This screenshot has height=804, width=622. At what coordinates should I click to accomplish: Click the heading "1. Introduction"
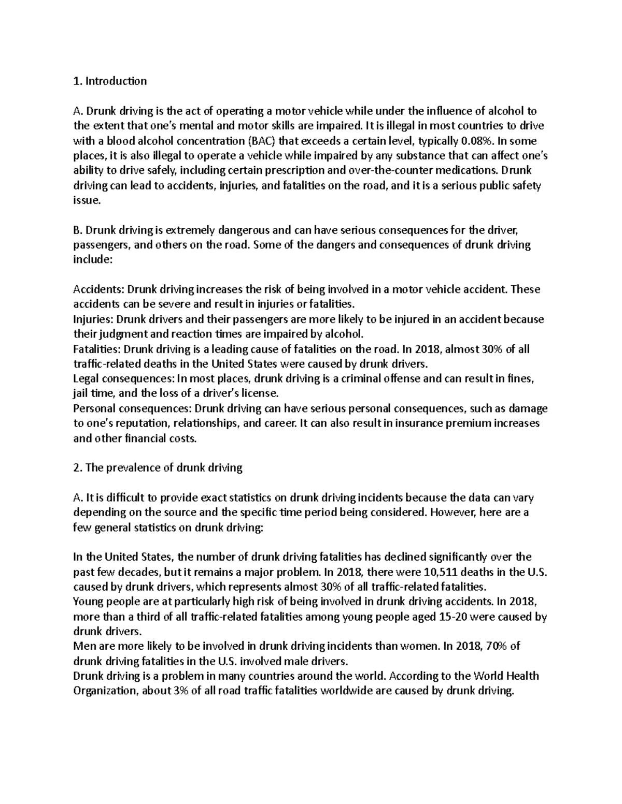pos(110,81)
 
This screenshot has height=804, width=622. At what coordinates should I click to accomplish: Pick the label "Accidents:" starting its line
pos(98,289)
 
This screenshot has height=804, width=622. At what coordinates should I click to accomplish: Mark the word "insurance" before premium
pos(417,423)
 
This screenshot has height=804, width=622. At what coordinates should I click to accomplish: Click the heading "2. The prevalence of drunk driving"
pos(158,468)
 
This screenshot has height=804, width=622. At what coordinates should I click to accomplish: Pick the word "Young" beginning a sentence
pos(88,602)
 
